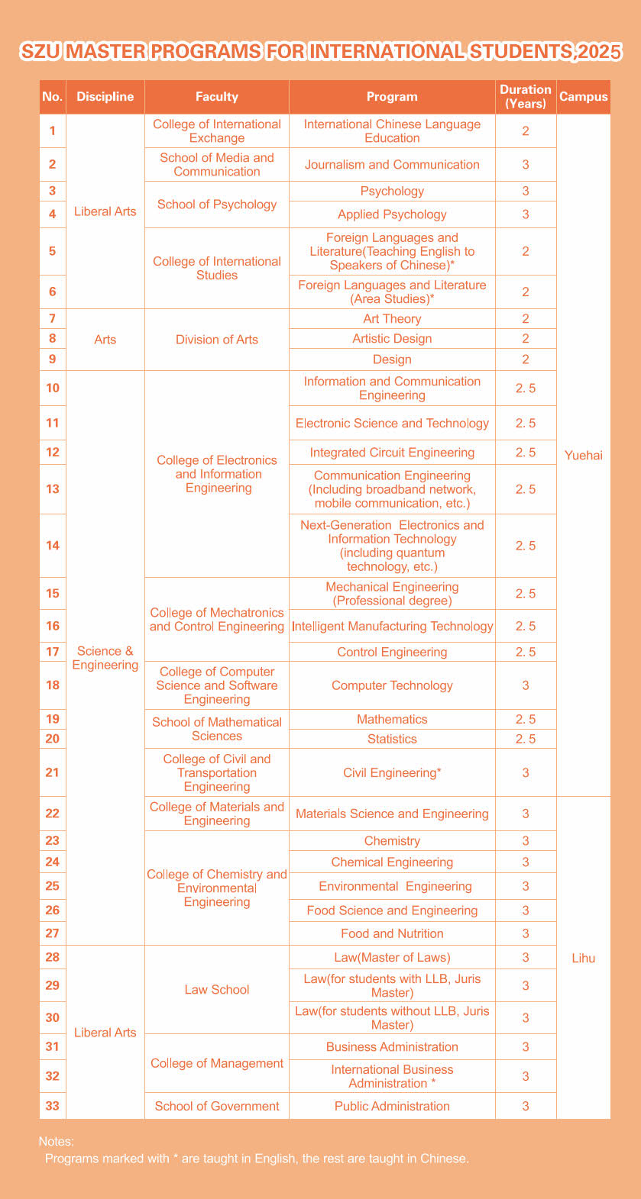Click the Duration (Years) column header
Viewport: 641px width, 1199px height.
[526, 96]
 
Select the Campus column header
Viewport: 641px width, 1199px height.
[584, 96]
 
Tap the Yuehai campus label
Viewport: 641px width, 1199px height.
[584, 456]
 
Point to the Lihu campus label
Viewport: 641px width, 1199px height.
[584, 958]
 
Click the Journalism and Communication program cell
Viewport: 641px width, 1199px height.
[392, 165]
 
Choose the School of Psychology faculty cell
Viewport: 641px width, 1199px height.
[217, 205]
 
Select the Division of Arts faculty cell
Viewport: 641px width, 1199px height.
[217, 340]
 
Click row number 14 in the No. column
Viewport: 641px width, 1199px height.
[52, 546]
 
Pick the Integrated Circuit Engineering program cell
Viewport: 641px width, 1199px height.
[392, 453]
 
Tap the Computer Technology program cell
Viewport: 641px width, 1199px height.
[392, 685]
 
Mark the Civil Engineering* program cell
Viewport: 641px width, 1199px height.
[392, 772]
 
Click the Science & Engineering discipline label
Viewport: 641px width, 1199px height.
[105, 658]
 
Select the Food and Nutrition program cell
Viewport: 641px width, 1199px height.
[392, 933]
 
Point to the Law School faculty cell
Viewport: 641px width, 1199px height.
[217, 990]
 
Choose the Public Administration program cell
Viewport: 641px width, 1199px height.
[392, 1106]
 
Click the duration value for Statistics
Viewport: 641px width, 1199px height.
[526, 739]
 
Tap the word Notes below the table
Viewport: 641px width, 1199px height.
[56, 1142]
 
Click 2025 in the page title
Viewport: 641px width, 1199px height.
[599, 52]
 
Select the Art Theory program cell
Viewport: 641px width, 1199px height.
[392, 319]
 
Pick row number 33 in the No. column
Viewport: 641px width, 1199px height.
[52, 1106]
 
